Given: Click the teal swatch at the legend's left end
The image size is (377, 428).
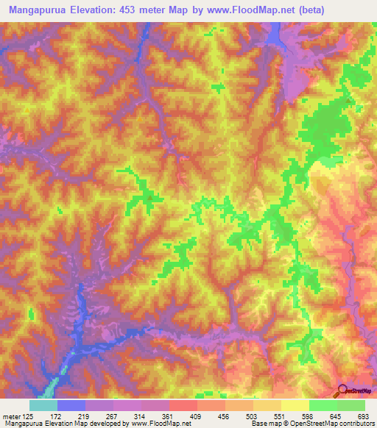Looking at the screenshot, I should click(x=43, y=405).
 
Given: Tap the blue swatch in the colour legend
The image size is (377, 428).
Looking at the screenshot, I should click(x=71, y=405).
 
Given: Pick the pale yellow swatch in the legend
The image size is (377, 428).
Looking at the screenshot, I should click(x=295, y=405).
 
